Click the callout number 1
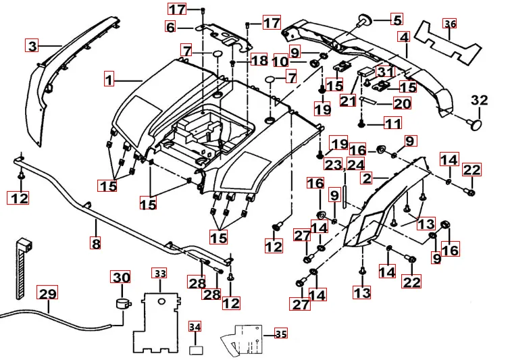[108, 80]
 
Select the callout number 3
[32, 46]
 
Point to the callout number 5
[396, 20]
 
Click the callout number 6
[170, 27]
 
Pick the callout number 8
[96, 244]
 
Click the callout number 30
[121, 278]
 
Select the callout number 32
[479, 101]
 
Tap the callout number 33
[159, 274]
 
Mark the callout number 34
[195, 327]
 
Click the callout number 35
[280, 333]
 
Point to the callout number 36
[450, 24]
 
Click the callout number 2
[367, 178]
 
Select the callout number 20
[401, 104]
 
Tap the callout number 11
[392, 124]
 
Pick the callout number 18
[260, 61]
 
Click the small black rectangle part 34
[196, 350]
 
